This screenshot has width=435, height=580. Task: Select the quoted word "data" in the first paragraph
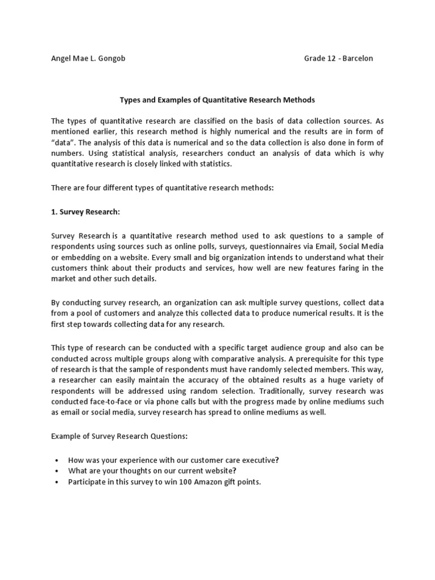tap(62, 142)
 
